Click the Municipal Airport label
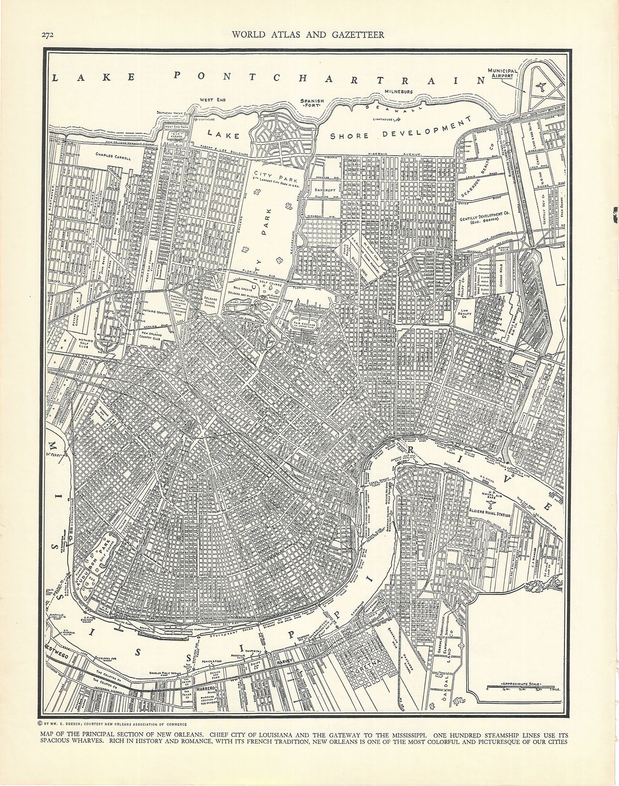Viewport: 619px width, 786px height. (x=502, y=73)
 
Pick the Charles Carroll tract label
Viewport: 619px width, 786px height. (x=112, y=155)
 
